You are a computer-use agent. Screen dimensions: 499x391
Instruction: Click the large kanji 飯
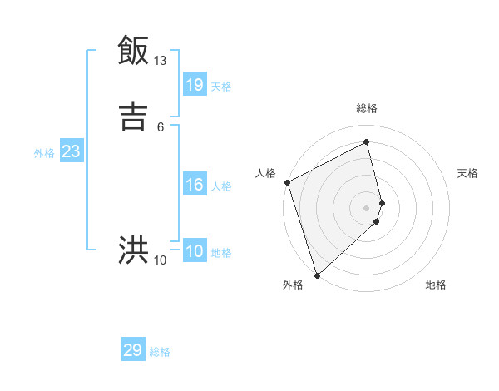[x=134, y=51]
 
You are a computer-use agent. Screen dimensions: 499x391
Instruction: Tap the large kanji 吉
[x=134, y=116]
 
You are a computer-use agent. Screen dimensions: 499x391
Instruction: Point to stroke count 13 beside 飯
[x=160, y=61]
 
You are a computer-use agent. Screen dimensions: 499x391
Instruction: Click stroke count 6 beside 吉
[x=160, y=126]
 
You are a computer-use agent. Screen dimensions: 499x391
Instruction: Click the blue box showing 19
[x=195, y=84]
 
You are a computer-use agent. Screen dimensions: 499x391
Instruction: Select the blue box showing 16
[x=195, y=185]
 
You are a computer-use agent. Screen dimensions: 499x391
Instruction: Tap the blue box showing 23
[x=71, y=151]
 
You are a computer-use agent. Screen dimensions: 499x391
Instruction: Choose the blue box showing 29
[x=133, y=350]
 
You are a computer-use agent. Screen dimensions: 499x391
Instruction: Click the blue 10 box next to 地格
[x=195, y=251]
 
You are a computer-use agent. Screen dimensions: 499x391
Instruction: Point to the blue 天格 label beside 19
[x=221, y=87]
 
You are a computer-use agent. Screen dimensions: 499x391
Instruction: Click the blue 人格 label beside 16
[x=221, y=186]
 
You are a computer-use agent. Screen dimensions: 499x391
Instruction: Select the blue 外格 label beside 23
[x=44, y=153]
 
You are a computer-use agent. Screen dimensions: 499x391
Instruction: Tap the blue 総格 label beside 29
[x=160, y=352]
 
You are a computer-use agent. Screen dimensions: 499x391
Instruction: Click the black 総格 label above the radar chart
[x=367, y=108]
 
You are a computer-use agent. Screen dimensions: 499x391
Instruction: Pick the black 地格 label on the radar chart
[x=436, y=285]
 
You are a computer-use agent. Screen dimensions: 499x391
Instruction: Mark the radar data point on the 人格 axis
[x=287, y=182]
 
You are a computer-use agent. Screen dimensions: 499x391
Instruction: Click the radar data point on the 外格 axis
[x=317, y=275]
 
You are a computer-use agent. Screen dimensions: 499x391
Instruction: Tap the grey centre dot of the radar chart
[x=367, y=207]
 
